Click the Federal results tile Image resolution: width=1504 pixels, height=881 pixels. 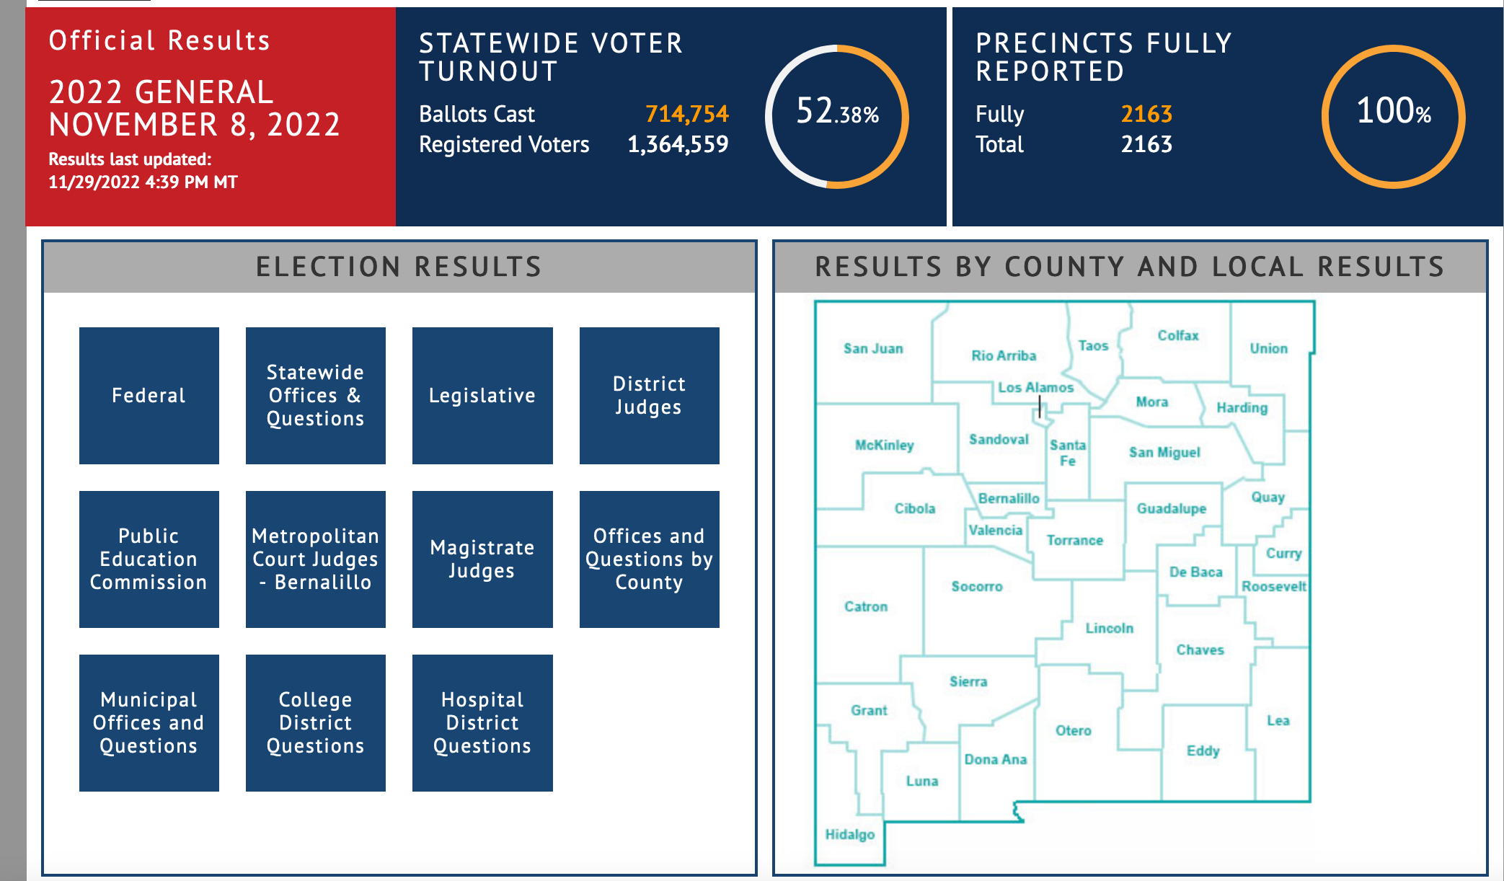click(149, 395)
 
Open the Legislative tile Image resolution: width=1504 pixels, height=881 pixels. click(482, 395)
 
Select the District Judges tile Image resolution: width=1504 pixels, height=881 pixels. click(649, 395)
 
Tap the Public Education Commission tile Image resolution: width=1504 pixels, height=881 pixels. click(149, 559)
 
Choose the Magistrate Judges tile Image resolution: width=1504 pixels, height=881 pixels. click(482, 559)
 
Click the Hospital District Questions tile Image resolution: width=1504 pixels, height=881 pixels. click(482, 722)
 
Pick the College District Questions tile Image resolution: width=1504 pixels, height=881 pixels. click(315, 722)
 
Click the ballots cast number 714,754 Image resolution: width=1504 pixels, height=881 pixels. click(686, 114)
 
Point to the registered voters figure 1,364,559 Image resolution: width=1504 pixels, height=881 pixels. click(678, 144)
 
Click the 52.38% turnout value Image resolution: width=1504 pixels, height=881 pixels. click(837, 112)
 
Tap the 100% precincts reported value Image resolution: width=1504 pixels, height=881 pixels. click(1393, 112)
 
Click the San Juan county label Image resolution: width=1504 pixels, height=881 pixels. click(873, 349)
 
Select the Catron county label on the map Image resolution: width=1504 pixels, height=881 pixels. click(866, 607)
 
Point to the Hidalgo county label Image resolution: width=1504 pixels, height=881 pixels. click(849, 834)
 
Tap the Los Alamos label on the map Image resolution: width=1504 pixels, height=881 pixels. click(1035, 388)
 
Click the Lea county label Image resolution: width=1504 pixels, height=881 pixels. click(1278, 721)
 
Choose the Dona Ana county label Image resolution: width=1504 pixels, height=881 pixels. click(995, 759)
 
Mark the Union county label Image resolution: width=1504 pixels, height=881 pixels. click(1268, 349)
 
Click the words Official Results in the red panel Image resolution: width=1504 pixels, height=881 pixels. click(159, 41)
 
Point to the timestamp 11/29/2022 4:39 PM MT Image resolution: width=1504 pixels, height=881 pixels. click(143, 182)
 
